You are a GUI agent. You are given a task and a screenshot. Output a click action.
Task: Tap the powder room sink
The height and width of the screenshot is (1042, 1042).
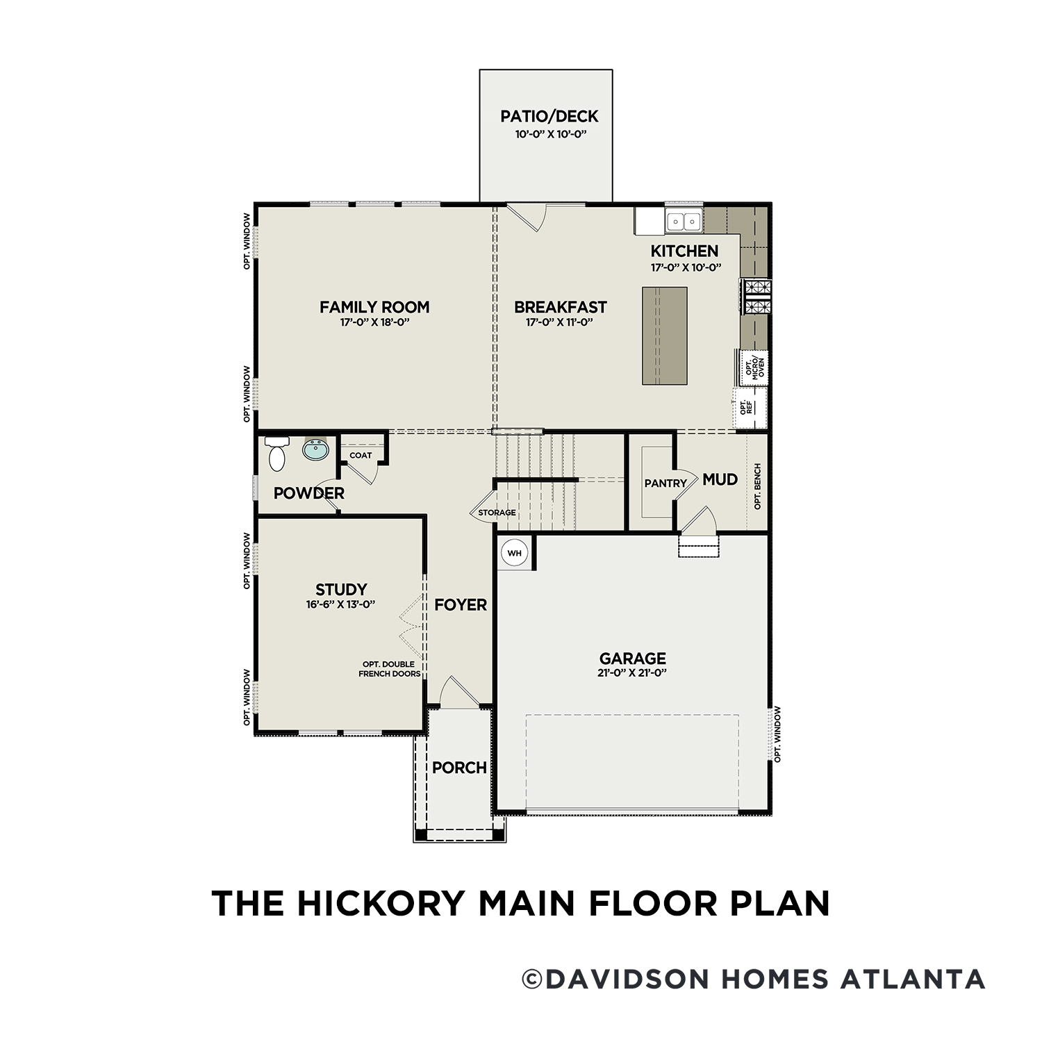[315, 449]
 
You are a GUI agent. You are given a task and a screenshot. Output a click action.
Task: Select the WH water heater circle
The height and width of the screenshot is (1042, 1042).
[514, 553]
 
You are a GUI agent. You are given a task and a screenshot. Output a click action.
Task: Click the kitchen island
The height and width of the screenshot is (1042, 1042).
[664, 336]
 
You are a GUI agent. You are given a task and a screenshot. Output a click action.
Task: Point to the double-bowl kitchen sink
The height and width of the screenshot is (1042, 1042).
[684, 222]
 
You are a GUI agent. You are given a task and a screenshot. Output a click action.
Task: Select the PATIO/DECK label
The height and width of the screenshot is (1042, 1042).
[549, 116]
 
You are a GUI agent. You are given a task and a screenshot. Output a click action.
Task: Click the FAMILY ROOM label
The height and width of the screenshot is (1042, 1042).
[374, 306]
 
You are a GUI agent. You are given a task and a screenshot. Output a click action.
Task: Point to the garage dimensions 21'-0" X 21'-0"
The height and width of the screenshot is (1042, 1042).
[632, 672]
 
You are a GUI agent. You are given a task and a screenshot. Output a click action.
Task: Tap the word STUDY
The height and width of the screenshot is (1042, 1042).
[341, 589]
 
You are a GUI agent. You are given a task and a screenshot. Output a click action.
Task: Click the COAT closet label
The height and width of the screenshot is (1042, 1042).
[361, 456]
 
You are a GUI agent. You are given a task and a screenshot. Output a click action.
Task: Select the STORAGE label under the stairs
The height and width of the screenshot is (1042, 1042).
[497, 513]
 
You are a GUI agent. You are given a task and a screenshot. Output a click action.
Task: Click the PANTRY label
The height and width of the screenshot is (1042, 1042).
[665, 483]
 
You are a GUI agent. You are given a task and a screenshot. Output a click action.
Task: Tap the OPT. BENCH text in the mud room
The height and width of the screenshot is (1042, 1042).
[757, 486]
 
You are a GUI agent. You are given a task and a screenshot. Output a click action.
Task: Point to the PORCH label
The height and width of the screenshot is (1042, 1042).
[459, 768]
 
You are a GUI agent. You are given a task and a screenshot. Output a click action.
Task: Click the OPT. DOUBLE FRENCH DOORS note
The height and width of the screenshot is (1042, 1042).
[389, 669]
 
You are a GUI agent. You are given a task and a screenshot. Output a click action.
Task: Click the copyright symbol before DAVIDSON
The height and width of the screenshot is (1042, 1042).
[531, 979]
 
